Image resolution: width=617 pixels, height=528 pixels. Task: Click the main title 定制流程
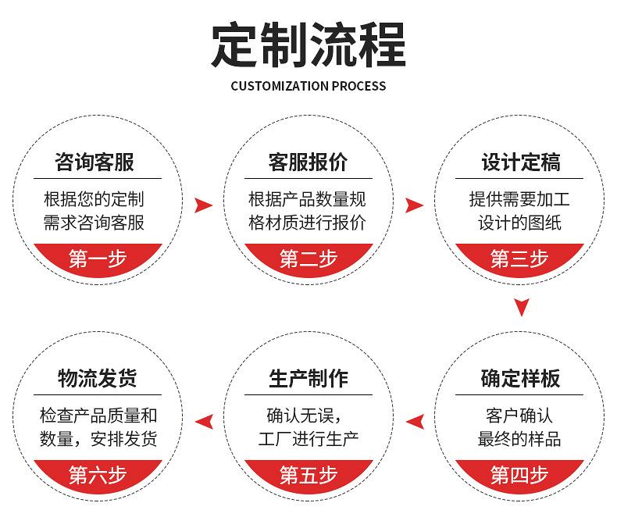click(x=308, y=45)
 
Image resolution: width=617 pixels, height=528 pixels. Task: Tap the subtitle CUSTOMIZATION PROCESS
click(x=308, y=86)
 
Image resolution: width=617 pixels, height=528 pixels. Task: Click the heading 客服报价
click(x=308, y=162)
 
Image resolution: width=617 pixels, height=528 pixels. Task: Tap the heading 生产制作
click(x=308, y=379)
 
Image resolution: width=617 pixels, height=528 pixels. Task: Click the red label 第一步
click(x=98, y=259)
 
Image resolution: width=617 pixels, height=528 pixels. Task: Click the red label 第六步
click(x=98, y=475)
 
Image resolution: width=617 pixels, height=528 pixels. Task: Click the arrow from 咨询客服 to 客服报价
click(x=203, y=205)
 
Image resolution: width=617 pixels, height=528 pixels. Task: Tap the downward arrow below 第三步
click(x=521, y=307)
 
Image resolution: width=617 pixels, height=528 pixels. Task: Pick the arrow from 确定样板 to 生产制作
click(x=415, y=422)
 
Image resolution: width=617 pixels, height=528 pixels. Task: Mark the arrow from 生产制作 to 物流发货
click(x=204, y=422)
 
